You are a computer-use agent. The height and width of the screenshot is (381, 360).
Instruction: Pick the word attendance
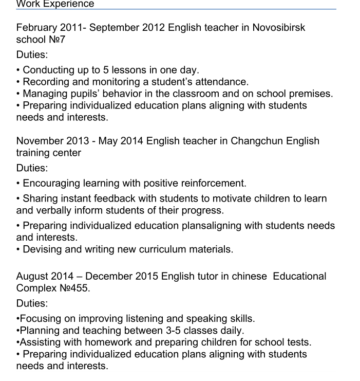[223, 81]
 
